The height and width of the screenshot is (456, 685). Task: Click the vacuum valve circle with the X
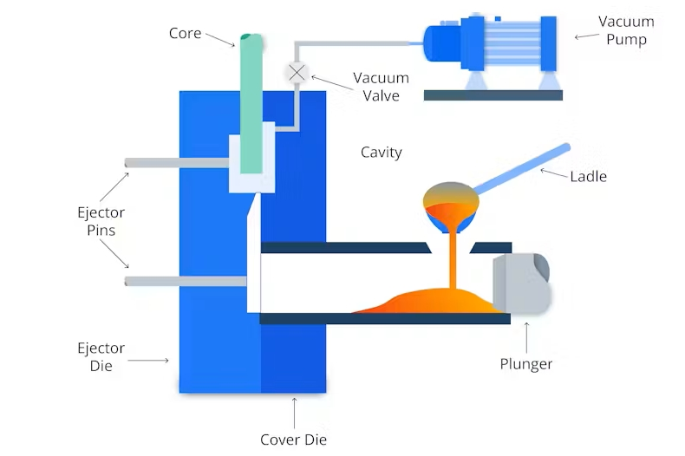(297, 73)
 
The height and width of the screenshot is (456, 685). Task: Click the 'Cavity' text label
(381, 153)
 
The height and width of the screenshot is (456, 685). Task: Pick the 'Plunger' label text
(526, 364)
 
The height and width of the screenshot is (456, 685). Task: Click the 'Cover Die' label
(294, 440)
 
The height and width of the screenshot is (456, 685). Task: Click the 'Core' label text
(185, 34)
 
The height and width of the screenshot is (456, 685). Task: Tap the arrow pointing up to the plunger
(526, 334)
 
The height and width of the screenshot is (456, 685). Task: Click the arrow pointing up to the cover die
(295, 409)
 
